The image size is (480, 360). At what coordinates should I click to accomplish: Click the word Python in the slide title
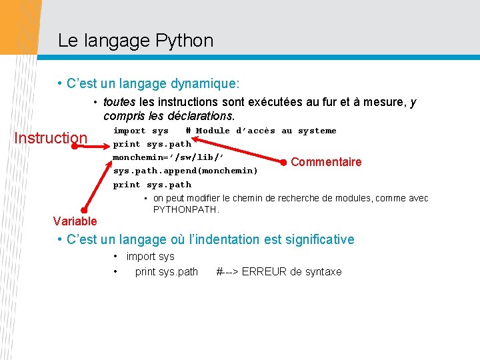click(184, 41)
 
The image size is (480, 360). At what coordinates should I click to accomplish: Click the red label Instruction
click(51, 138)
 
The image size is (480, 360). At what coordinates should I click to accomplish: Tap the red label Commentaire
click(326, 162)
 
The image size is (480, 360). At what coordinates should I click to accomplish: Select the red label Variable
click(75, 221)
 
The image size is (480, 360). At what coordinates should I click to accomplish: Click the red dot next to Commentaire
click(284, 162)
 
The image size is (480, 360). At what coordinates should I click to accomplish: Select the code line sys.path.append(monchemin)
click(185, 171)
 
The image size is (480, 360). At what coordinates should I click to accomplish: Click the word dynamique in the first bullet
click(205, 85)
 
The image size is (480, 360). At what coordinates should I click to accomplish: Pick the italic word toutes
click(119, 102)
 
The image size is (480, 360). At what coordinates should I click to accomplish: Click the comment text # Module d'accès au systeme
click(261, 131)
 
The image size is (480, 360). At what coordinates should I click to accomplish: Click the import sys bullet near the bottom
click(150, 256)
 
